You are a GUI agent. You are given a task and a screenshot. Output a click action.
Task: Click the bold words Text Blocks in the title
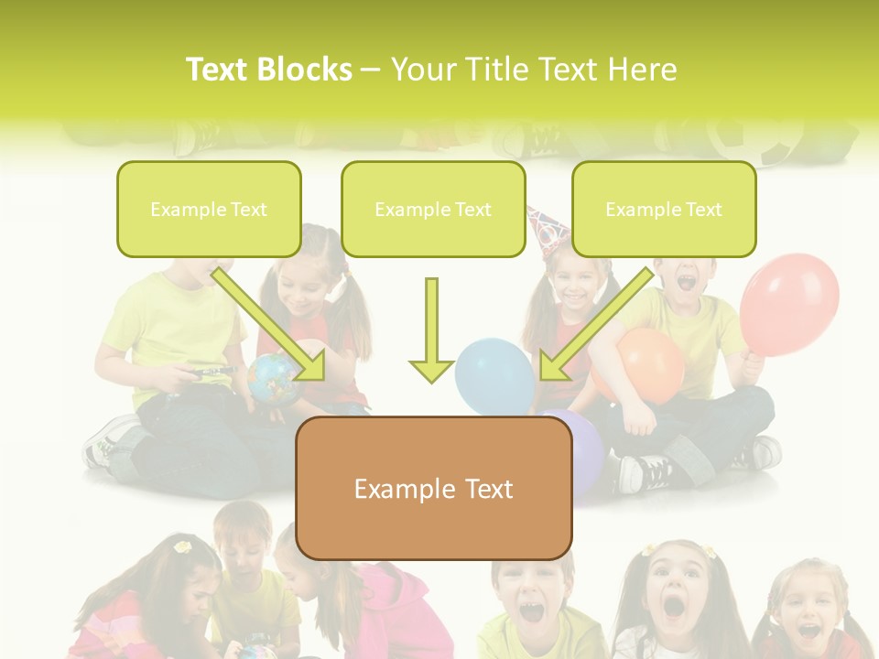pos(268,70)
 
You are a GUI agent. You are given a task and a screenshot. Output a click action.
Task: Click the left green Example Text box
pos(209,209)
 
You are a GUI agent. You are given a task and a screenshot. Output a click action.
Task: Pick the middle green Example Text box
pos(433,209)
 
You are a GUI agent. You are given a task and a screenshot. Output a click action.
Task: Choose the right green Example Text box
pos(664,209)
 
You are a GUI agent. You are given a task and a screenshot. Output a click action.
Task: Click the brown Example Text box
pos(434,489)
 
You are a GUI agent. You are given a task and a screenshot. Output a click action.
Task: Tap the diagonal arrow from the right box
pos(595,325)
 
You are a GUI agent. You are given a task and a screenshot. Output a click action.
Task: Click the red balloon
pos(789,304)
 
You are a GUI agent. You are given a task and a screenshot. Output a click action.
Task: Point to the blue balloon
pos(494,375)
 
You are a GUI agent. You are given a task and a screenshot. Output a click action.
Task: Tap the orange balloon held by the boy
pos(652,364)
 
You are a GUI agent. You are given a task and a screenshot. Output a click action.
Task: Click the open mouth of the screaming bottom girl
pos(673,605)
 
